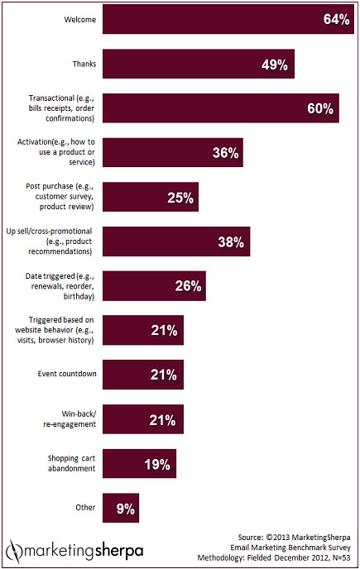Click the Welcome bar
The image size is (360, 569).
pos(228,19)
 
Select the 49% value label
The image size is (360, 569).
pos(275,65)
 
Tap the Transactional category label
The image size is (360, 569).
pos(61,108)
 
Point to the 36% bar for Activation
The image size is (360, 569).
pos(173,152)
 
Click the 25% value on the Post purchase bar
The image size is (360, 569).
pos(180,198)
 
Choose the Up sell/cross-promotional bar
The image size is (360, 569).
pos(176,241)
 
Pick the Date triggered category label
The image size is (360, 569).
pos(60,286)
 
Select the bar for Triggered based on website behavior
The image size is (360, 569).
pos(143,330)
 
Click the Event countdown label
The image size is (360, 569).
pos(67,374)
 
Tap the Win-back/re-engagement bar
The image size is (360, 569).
pos(143,419)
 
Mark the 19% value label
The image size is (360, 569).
pos(157,465)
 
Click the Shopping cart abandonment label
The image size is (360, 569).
pos(71,463)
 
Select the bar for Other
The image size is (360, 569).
pos(121,508)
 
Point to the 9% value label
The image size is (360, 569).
pos(125,509)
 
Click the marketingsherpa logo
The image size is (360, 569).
pos(74,552)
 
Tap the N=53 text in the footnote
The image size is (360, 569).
pos(340,557)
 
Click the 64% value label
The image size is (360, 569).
pos(336,19)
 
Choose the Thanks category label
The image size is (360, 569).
pos(84,64)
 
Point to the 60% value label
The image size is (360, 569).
pos(320,108)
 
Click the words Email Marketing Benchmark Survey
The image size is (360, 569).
pos(290,547)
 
